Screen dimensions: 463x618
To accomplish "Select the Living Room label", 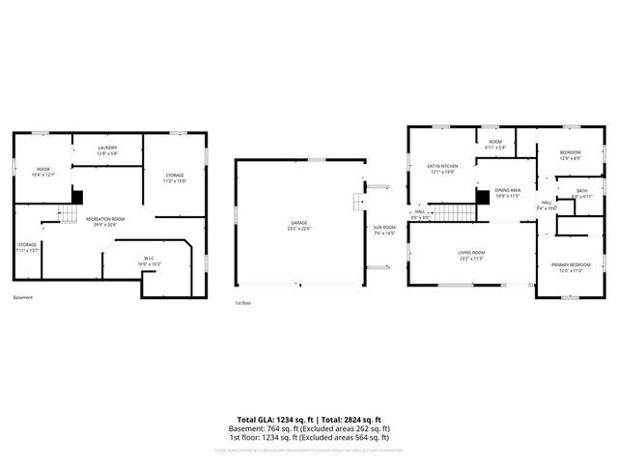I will [471, 256].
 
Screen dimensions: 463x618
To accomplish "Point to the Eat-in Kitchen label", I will [442, 169].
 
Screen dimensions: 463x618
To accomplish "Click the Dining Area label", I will [508, 193].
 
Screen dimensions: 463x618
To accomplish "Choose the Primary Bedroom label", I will [571, 267].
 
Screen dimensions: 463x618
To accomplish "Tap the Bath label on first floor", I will [581, 193].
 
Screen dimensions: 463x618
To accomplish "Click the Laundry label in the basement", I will [106, 150].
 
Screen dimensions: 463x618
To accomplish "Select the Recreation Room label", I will [105, 222].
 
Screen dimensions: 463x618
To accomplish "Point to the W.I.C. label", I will [150, 260].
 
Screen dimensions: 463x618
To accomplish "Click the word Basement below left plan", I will [23, 297].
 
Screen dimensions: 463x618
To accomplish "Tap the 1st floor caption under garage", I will [243, 303].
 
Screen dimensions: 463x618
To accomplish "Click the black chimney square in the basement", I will [77, 197].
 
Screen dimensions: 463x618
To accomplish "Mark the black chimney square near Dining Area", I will [482, 196].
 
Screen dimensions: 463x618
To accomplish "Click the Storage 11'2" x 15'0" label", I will [174, 178].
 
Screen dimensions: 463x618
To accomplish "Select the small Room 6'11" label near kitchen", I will [495, 145].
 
